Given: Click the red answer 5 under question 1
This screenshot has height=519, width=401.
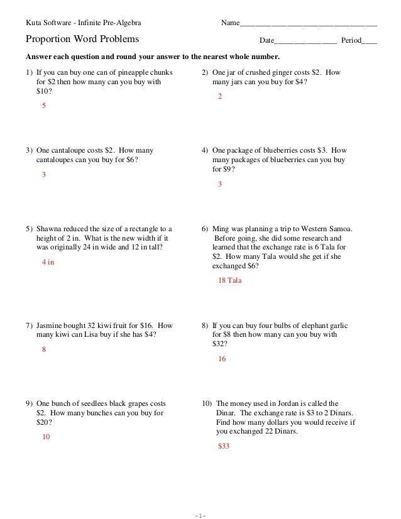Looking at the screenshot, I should tap(44, 106).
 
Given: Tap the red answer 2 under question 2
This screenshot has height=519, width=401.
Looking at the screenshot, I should tap(220, 97).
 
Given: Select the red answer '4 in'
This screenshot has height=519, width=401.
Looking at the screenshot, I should tap(48, 262).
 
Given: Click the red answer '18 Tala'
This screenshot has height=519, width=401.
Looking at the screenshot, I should tap(229, 280).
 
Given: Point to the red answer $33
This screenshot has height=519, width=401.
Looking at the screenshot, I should tap(224, 446).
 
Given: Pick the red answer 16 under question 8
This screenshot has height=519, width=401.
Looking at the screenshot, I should tap(222, 359).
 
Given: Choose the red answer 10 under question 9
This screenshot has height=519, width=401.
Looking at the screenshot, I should tap(46, 437).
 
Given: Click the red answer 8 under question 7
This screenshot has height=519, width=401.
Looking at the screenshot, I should tap(44, 349).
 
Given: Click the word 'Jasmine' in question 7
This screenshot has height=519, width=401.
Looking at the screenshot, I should tap(50, 326).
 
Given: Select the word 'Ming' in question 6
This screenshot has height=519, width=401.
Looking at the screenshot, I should tap(221, 229).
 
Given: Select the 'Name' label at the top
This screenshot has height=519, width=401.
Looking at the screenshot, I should tap(230, 23).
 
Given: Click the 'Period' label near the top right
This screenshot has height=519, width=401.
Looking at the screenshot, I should tap(351, 41).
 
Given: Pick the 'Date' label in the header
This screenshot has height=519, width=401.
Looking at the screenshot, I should tap(267, 41).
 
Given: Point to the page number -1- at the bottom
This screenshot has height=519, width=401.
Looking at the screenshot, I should tap(200, 516).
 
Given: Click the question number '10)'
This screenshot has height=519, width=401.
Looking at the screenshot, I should tap(207, 404).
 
